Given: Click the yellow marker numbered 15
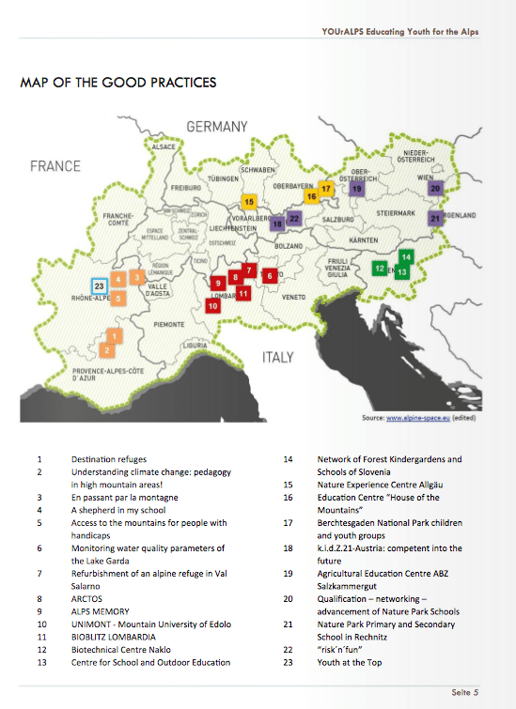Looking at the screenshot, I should click(248, 201).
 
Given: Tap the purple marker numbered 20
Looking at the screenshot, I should click(434, 188).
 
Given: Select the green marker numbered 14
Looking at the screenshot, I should click(406, 256).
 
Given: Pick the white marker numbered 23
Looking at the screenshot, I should click(100, 285).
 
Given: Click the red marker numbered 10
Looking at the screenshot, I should click(213, 305).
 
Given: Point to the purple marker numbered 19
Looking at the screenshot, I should click(356, 188).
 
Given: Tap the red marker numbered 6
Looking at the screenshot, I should click(270, 276).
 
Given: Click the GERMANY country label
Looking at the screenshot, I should click(216, 127).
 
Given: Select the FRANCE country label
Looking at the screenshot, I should click(55, 166).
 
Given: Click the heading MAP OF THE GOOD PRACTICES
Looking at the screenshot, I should click(117, 83).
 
